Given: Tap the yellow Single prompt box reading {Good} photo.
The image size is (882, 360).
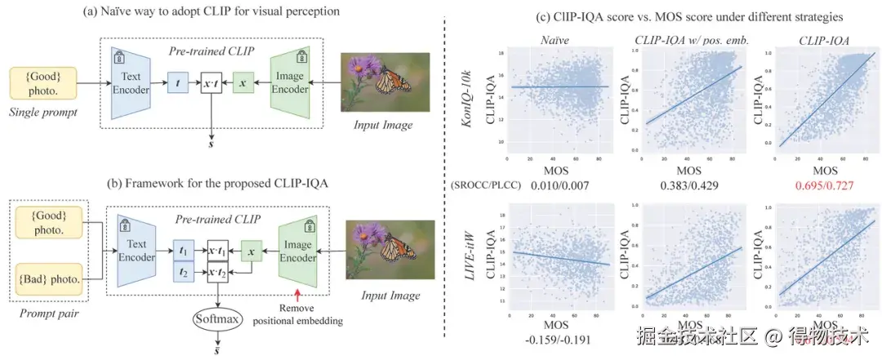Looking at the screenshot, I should (x=43, y=82).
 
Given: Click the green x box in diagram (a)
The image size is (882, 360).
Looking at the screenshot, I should (x=243, y=82).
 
